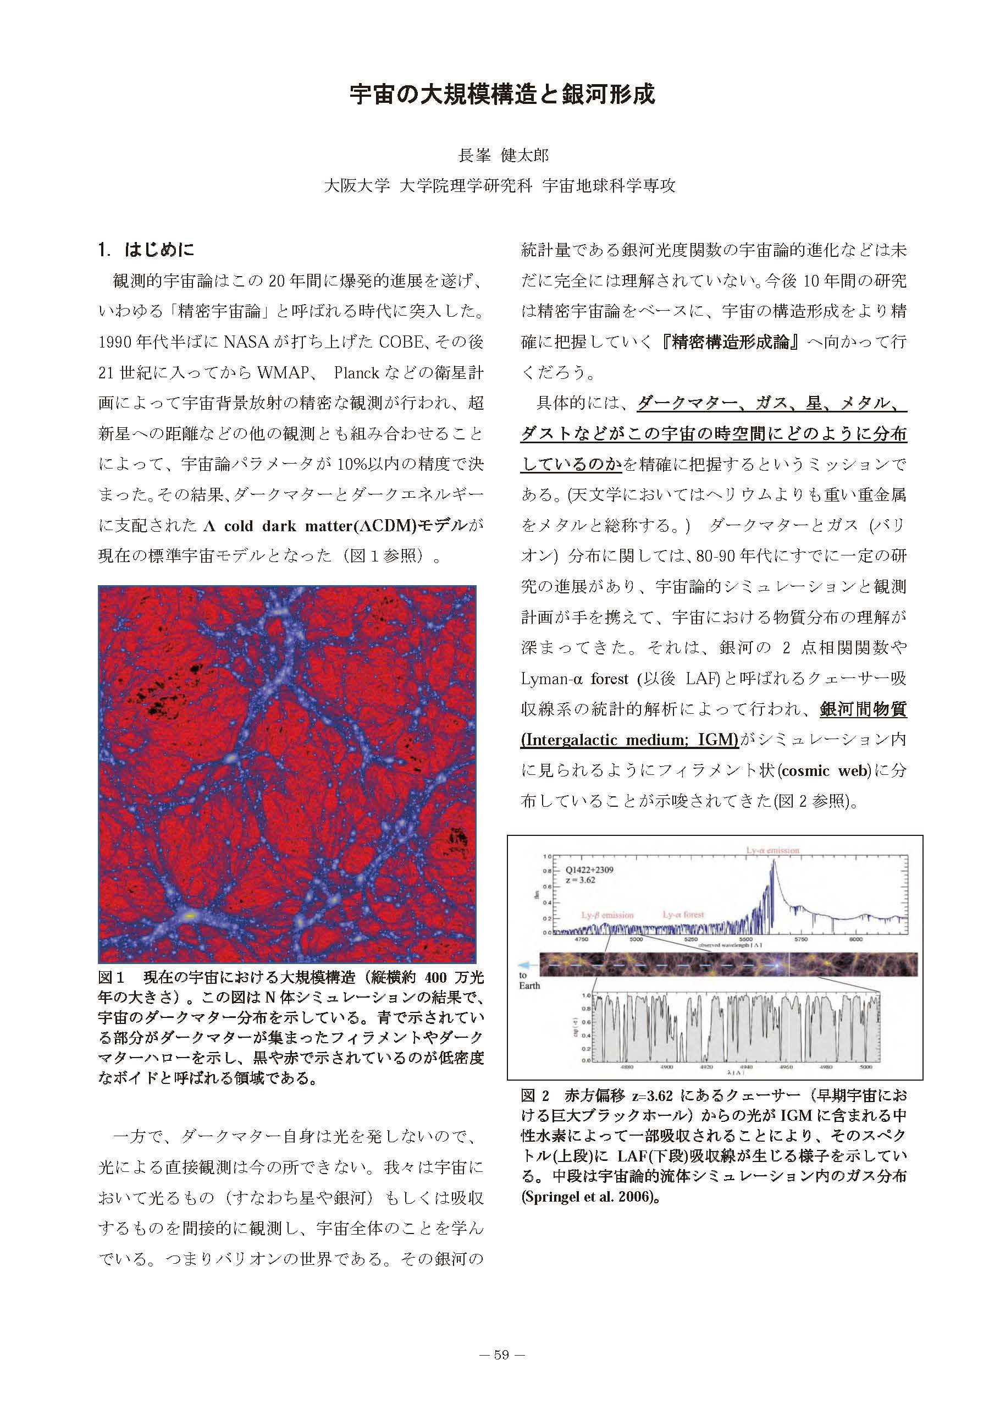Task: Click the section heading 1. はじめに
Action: (146, 249)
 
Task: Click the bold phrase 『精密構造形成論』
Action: (733, 343)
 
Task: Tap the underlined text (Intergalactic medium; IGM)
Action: (629, 740)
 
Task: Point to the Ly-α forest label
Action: (683, 915)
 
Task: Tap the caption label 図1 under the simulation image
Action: (112, 978)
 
